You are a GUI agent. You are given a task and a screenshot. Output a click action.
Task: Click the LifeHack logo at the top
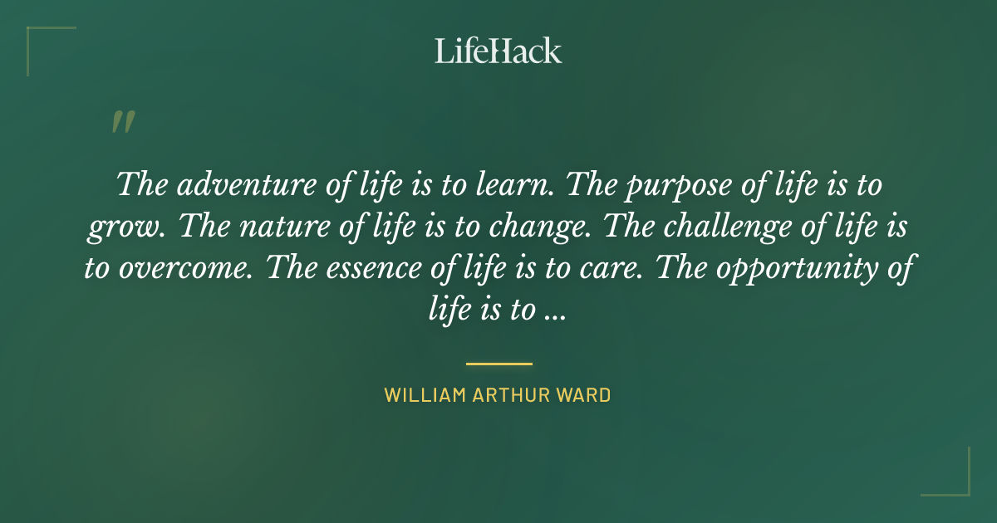[x=498, y=51]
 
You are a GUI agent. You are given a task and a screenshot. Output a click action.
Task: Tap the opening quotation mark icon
[x=122, y=122]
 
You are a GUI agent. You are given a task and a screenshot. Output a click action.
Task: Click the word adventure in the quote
[x=217, y=184]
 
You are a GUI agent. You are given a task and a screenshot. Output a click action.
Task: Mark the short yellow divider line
[x=498, y=364]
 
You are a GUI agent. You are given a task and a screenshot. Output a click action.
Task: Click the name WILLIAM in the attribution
[x=423, y=395]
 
